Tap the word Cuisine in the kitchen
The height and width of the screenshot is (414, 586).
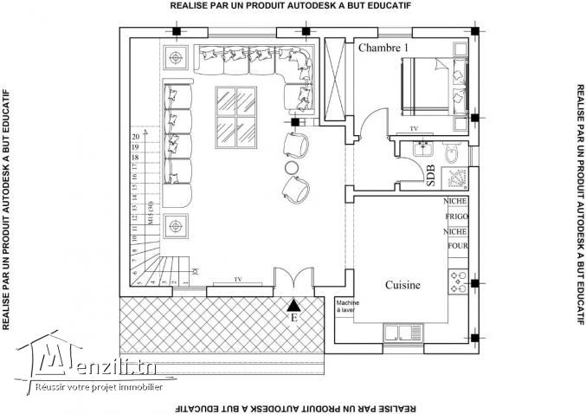pos(402,285)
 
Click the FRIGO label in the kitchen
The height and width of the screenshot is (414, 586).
pos(455,217)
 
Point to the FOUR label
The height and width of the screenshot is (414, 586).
pos(455,246)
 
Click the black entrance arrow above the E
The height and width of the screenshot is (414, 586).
pos(294,304)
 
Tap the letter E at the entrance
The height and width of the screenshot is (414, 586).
pos(294,318)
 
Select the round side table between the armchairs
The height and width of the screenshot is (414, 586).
pos(293,166)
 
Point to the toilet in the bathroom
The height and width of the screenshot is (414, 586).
pos(451,153)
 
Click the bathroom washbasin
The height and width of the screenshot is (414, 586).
pos(423,145)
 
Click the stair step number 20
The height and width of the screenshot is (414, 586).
pos(135,137)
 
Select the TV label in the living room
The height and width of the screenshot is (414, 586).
pos(237,280)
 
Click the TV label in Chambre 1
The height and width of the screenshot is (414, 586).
pos(414,128)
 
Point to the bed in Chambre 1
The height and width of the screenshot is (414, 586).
pos(433,84)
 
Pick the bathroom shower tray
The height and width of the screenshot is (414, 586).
pos(455,179)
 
